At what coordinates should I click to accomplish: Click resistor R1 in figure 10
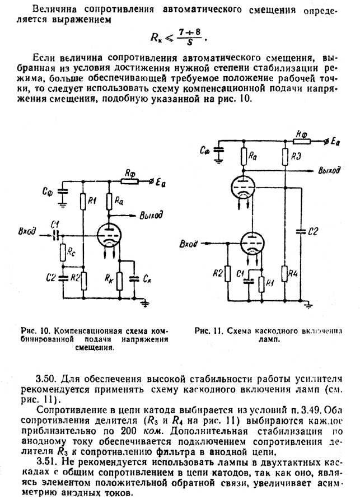[x=83, y=201]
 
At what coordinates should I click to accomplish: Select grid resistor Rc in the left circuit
[x=63, y=253]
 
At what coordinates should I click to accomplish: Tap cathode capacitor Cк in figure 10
[x=134, y=279]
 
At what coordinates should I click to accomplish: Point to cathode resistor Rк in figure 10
[x=120, y=280]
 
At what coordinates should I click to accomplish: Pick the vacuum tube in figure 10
[x=109, y=236]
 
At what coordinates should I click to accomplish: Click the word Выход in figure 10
[x=151, y=215]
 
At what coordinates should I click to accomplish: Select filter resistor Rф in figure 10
[x=129, y=181]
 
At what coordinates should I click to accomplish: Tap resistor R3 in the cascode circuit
[x=285, y=157]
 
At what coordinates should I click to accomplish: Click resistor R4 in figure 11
[x=285, y=273]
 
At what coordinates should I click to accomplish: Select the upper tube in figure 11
[x=244, y=186]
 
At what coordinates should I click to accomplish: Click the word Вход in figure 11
[x=188, y=244]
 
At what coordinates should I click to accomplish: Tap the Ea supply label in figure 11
[x=335, y=142]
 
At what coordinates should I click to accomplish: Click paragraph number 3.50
[x=46, y=379]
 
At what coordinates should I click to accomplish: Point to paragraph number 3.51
[x=46, y=463]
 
